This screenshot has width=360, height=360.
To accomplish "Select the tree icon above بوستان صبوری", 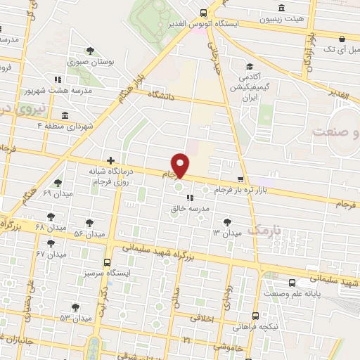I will pos(90,50).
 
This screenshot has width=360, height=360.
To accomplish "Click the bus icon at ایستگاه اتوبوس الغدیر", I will pos(204,12).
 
